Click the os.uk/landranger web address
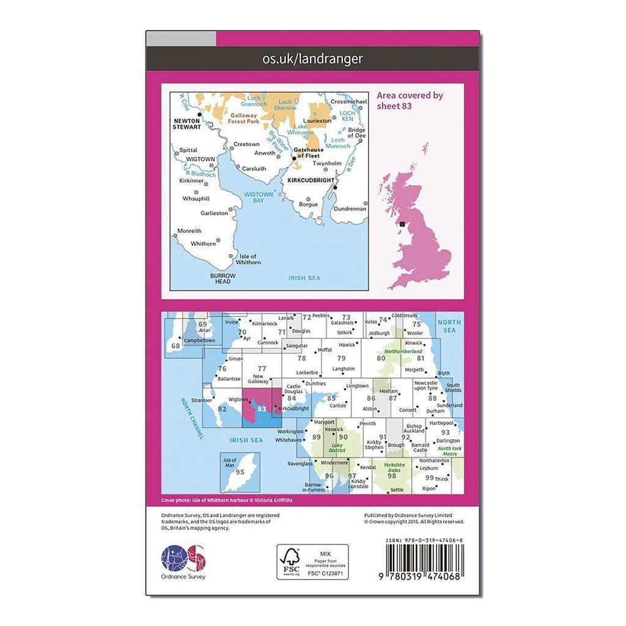312,59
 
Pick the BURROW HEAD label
220,278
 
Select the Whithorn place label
203,244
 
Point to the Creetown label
246,145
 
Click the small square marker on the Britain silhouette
402,224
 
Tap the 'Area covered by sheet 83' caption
410,100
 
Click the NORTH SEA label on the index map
449,326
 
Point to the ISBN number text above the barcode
425,541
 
